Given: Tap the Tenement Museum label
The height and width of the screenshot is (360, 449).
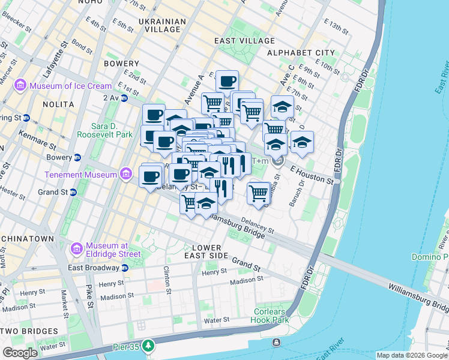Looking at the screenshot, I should point(81,175).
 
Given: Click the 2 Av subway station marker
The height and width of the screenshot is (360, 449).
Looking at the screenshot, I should point(124,98).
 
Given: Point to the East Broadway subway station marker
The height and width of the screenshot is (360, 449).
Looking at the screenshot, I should point(124,268).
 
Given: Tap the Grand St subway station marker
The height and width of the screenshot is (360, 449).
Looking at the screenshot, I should point(73,193).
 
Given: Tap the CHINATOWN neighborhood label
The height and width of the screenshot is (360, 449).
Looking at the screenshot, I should point(28,239).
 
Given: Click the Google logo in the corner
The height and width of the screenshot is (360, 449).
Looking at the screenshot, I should point(20,353).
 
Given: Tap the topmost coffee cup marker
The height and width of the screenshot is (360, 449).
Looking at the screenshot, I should point(227,81).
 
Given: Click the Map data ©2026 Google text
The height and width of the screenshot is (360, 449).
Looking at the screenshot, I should point(411,355).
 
